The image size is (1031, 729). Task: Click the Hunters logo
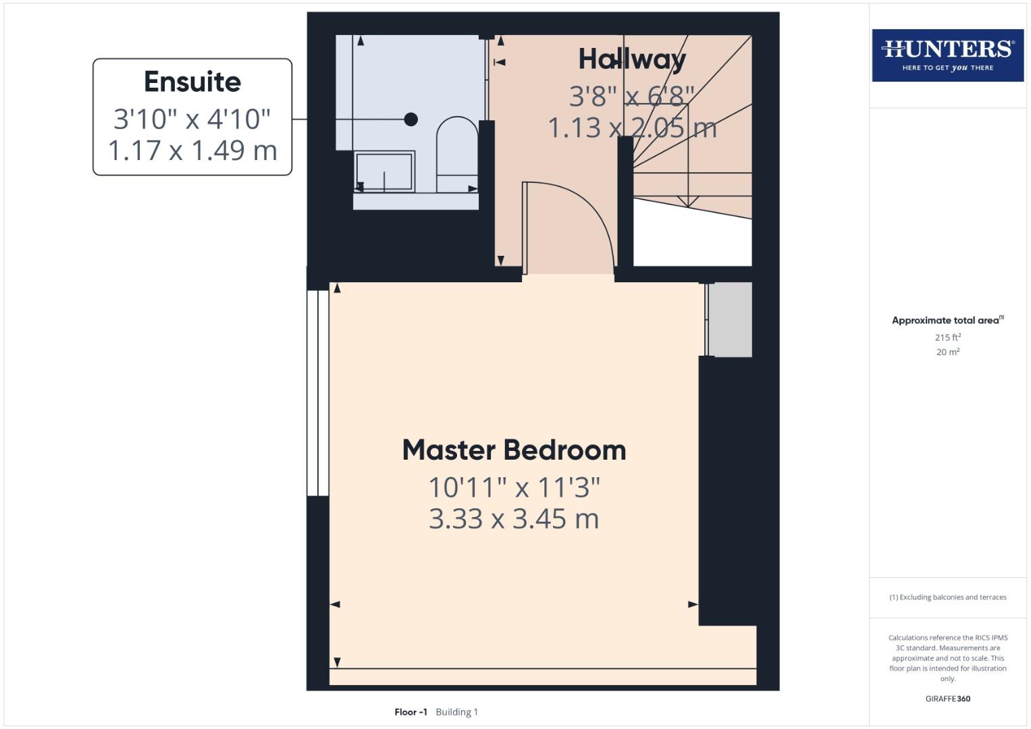[947, 55]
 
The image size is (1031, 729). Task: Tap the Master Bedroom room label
[514, 450]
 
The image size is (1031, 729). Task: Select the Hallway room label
[632, 59]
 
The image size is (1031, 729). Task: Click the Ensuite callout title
[192, 82]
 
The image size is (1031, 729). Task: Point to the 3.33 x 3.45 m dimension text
[514, 519]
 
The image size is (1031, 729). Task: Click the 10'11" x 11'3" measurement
[514, 487]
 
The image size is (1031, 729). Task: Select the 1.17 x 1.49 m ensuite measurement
[192, 150]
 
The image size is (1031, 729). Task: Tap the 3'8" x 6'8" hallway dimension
[632, 97]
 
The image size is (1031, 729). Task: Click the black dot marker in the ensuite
[411, 119]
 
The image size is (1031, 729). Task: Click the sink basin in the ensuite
[384, 171]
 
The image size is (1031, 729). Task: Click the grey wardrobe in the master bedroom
[730, 319]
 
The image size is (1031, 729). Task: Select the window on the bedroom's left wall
[318, 393]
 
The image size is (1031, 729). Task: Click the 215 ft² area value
[947, 337]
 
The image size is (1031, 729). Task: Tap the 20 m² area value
[947, 352]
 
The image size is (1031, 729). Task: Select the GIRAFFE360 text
[947, 699]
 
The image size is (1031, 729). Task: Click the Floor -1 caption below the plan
[411, 711]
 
